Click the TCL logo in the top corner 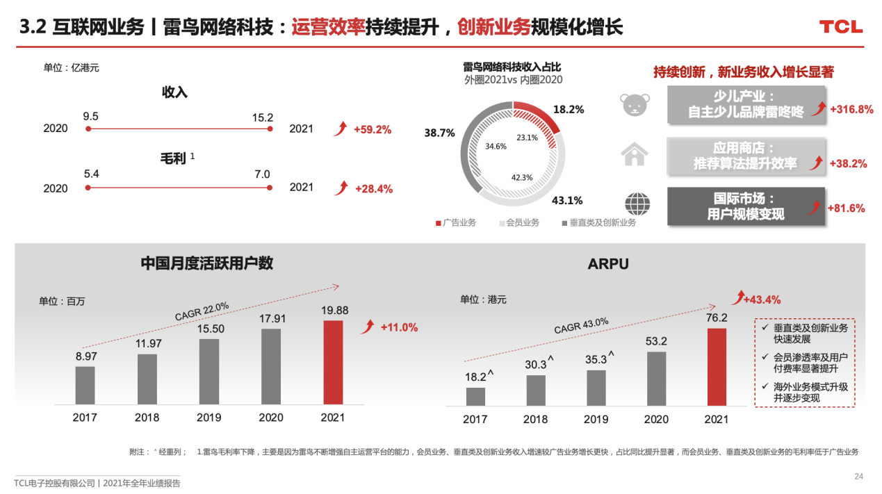840,27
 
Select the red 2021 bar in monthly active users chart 334,362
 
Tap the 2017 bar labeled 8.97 85,385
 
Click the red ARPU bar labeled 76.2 717,366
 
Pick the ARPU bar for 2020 656,378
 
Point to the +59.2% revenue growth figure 373,129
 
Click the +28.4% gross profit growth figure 373,188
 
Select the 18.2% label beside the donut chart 568,109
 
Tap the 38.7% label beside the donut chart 439,133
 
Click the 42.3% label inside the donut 521,177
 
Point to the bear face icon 635,104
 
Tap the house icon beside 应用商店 635,154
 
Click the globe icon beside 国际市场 637,205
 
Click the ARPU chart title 608,264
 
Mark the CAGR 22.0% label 202,311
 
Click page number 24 858,476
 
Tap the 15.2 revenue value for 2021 263,117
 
